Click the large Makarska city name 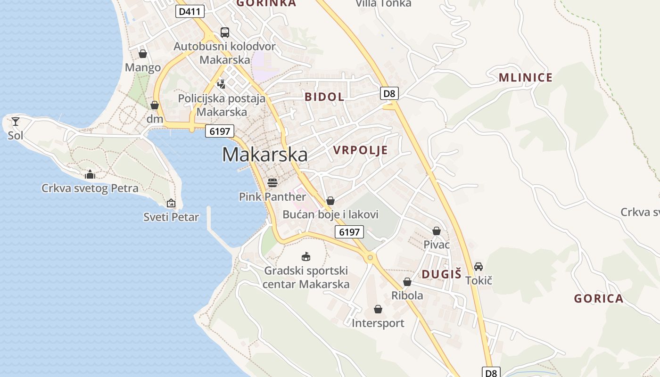[264, 155]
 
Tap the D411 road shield [190, 11]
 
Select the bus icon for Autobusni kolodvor [225, 33]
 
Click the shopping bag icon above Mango [143, 54]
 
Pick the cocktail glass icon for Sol [16, 122]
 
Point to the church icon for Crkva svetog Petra [90, 175]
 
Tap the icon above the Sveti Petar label [171, 203]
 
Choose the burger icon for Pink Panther [272, 182]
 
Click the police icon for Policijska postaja [221, 84]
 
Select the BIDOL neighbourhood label [324, 97]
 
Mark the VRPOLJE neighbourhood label [360, 150]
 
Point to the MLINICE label [525, 78]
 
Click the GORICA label [598, 298]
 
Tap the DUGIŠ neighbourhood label [441, 274]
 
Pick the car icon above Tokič [478, 266]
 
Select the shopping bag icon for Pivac [437, 231]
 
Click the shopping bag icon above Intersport [378, 309]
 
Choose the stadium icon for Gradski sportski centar [306, 257]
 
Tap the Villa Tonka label [383, 4]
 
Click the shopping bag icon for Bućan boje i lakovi [330, 201]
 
